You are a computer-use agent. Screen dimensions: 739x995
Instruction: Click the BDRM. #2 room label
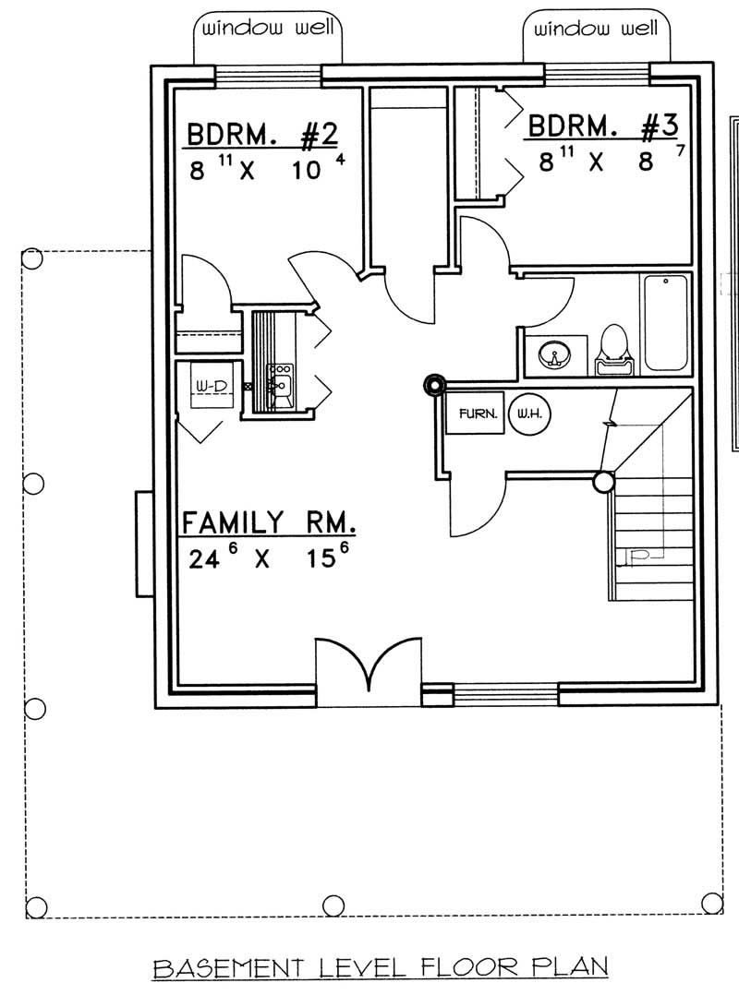261,137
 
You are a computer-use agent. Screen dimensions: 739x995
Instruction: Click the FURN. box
474,414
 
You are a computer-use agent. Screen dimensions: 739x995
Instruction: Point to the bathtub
665,322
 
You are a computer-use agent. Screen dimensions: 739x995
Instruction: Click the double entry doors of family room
369,666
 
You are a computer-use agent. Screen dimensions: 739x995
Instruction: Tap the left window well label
268,29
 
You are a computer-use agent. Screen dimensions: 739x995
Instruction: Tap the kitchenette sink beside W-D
279,378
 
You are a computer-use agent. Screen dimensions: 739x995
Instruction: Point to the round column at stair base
603,481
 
